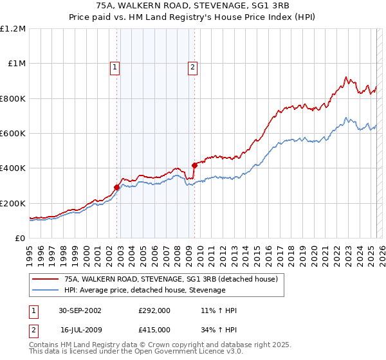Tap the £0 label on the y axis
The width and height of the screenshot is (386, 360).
[x=20, y=238]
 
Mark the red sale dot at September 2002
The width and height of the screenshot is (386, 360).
[x=117, y=187]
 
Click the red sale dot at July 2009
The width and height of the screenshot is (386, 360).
[x=194, y=166]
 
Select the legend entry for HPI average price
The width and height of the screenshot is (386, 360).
[x=145, y=291]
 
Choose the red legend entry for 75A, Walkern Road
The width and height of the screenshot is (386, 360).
[x=170, y=279]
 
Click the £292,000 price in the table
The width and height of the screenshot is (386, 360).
[x=154, y=310]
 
